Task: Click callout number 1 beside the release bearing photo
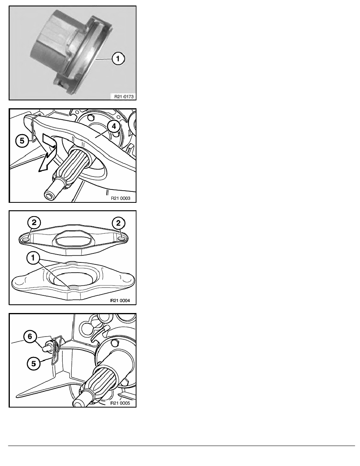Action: (x=118, y=59)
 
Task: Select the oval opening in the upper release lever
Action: (x=73, y=240)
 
